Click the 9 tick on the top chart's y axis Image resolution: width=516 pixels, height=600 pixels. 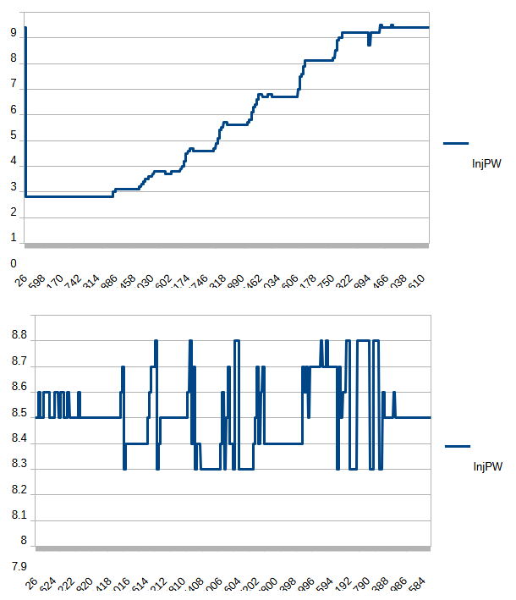point(14,34)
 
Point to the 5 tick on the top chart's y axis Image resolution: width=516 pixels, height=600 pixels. point(14,135)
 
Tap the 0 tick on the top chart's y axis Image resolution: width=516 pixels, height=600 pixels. point(14,263)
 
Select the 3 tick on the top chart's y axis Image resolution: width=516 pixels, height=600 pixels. point(14,187)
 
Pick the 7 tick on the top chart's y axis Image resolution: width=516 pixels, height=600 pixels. point(14,85)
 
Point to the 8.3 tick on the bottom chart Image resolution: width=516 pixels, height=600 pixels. point(19,465)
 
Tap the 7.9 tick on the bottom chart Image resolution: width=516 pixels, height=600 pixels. point(19,566)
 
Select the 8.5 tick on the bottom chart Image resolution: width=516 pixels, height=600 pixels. point(19,413)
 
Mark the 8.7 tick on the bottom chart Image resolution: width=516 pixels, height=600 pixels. point(19,362)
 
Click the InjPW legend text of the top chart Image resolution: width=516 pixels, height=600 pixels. point(486,164)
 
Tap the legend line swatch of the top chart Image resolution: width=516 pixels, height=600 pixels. point(456,143)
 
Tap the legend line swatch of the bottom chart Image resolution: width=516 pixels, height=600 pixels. point(458,445)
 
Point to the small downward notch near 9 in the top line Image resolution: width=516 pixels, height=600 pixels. point(369,41)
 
